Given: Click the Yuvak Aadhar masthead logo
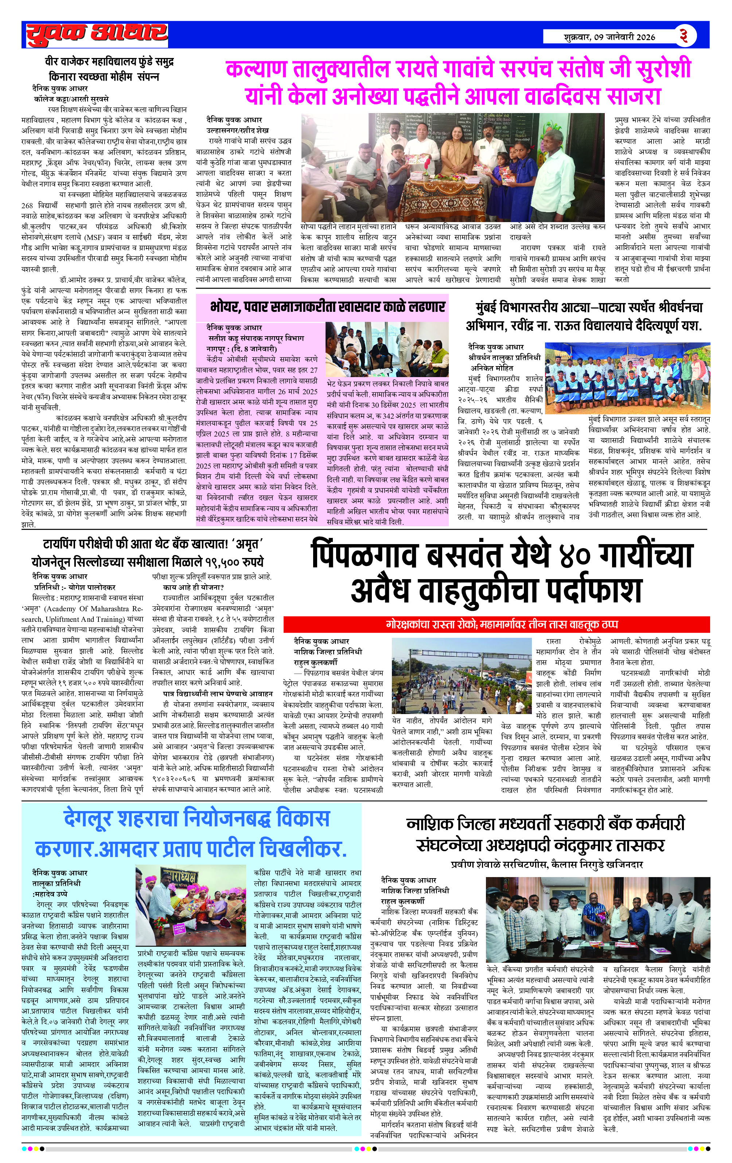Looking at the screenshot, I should point(97,35).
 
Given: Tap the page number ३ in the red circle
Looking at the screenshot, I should point(684,35).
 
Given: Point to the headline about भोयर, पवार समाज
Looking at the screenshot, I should point(327,307).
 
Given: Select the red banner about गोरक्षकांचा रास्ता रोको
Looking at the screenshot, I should point(497,624).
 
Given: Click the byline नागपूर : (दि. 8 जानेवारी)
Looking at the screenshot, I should point(241,348).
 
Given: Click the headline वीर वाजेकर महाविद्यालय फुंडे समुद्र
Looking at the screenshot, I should point(109,62).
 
